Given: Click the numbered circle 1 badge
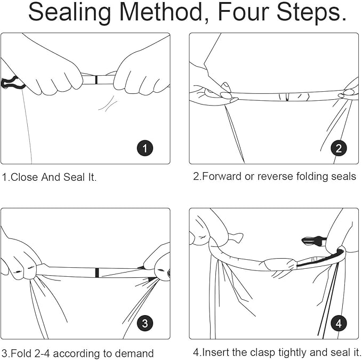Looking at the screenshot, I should click(146, 148).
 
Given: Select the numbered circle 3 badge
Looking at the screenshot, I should click(146, 323).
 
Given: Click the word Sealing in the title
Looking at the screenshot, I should click(71, 13).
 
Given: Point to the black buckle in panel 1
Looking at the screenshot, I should click(12, 83).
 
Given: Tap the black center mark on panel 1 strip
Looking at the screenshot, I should click(96, 80).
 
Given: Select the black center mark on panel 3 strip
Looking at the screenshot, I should click(96, 273).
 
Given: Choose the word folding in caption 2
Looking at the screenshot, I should click(312, 177).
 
